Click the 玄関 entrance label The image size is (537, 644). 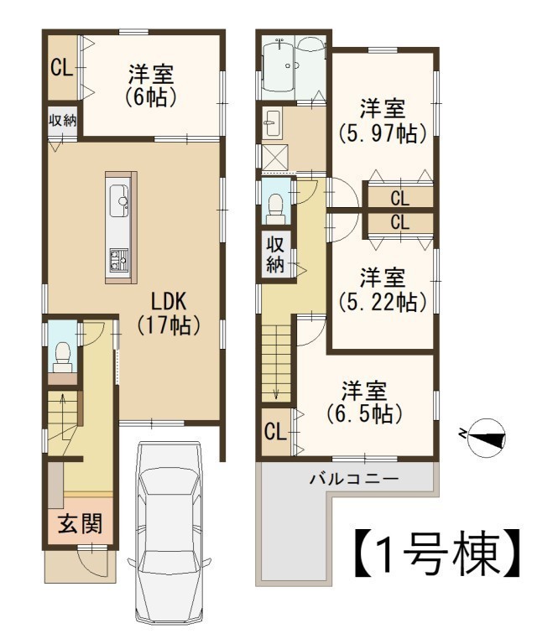[80, 523]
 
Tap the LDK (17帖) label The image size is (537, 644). [169, 314]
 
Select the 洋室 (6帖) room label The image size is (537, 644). [152, 86]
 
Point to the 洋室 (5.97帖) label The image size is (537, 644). [383, 121]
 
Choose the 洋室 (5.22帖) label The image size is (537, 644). [383, 289]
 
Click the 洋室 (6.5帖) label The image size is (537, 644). [364, 402]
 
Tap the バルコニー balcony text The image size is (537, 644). [354, 479]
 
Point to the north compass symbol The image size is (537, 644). [487, 439]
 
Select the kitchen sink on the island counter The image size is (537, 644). [119, 201]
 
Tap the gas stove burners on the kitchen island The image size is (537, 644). [119, 260]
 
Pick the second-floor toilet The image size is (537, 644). [275, 207]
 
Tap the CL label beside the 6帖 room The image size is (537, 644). [61, 68]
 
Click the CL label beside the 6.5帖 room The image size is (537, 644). [275, 433]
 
